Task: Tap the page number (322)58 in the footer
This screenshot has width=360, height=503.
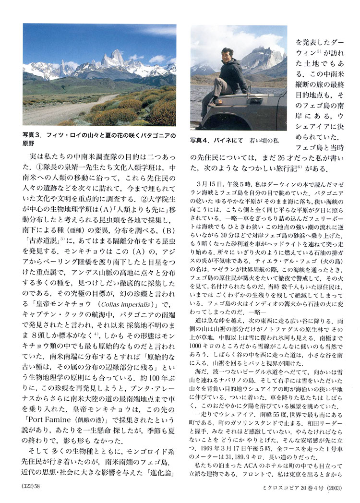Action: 33,487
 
